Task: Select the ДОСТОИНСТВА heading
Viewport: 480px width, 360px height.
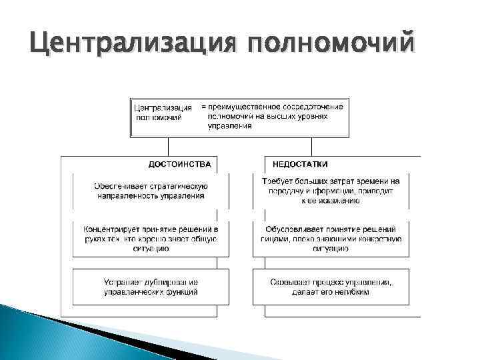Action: pos(179,164)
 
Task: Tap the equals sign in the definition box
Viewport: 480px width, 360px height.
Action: pos(204,107)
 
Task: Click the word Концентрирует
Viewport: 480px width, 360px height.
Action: pos(112,228)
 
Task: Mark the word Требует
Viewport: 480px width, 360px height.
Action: pos(277,181)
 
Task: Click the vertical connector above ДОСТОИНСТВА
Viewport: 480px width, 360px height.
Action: pos(169,146)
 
